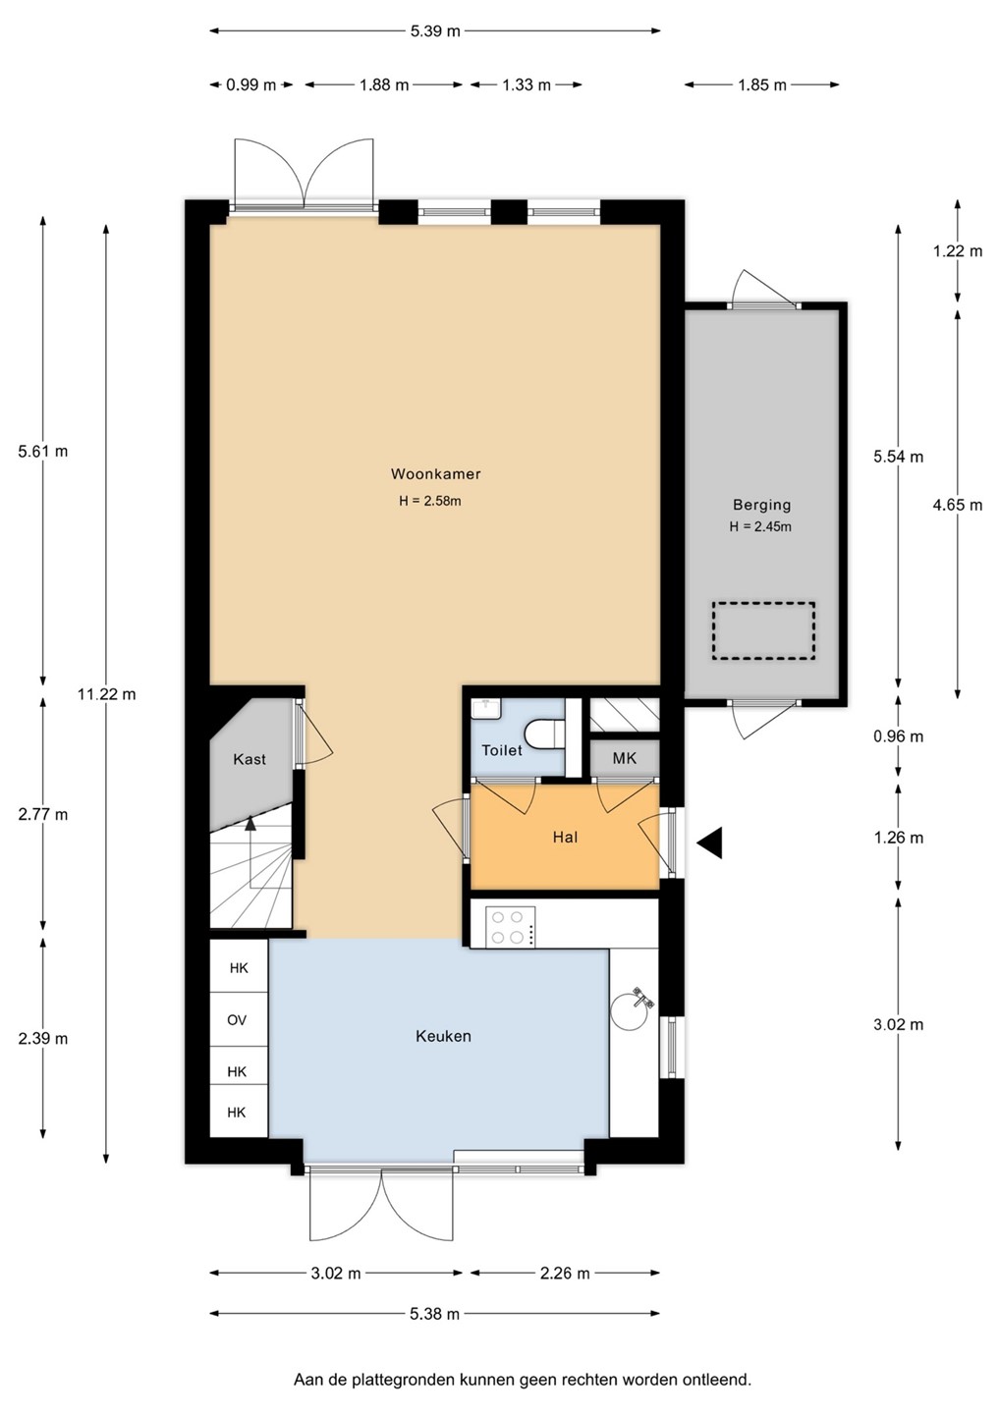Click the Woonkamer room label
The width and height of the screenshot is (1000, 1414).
click(x=435, y=473)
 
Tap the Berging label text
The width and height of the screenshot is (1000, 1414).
click(x=761, y=505)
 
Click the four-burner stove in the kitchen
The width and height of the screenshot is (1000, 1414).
click(x=511, y=927)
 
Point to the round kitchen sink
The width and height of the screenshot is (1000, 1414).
click(x=630, y=1010)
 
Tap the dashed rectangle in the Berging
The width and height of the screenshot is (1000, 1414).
click(x=763, y=631)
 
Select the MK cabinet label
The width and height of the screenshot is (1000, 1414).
click(x=625, y=759)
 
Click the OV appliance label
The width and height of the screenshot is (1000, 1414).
click(x=237, y=1019)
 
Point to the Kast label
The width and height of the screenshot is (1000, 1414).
click(x=250, y=759)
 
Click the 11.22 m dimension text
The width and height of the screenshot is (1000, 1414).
click(x=107, y=694)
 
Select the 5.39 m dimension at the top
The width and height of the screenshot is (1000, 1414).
click(x=435, y=31)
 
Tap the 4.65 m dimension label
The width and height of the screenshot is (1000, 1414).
click(x=958, y=505)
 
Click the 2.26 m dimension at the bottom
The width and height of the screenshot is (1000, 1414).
click(x=565, y=1274)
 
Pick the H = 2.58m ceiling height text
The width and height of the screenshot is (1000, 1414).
click(x=430, y=501)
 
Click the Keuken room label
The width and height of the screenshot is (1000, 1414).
click(x=443, y=1036)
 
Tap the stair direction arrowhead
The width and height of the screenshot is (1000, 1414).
click(x=250, y=822)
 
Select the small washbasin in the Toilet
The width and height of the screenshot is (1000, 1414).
click(x=486, y=708)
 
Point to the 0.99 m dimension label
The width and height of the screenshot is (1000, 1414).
click(x=251, y=84)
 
